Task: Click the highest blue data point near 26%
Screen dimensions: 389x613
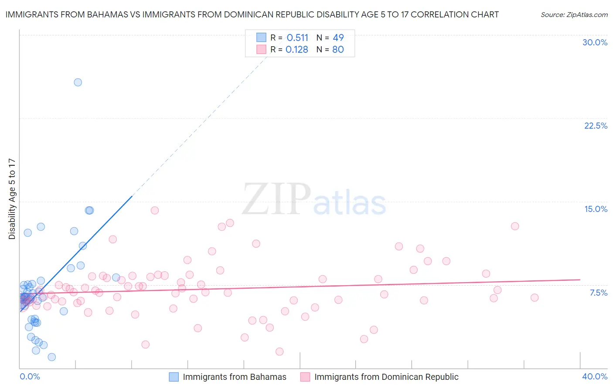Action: click(x=78, y=82)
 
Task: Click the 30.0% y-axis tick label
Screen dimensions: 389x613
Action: click(x=595, y=42)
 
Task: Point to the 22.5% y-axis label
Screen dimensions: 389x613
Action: click(x=596, y=126)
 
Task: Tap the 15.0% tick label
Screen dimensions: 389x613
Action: click(x=596, y=209)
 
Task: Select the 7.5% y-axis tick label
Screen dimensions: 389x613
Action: click(x=598, y=293)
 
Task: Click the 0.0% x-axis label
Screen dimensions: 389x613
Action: click(x=30, y=376)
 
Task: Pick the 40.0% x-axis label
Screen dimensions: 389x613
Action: click(x=595, y=376)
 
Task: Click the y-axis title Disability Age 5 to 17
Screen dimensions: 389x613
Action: click(x=12, y=198)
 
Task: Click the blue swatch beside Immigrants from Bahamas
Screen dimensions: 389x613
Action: click(x=174, y=377)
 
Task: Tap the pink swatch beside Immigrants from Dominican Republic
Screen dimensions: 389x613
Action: click(x=305, y=377)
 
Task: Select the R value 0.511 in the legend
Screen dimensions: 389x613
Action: click(x=297, y=38)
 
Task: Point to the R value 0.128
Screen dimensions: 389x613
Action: click(x=297, y=50)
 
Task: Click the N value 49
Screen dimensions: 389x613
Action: click(x=338, y=38)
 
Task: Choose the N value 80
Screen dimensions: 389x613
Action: click(x=338, y=50)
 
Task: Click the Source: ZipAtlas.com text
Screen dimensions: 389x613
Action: click(x=574, y=15)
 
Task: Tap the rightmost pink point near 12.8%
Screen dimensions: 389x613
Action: click(x=515, y=226)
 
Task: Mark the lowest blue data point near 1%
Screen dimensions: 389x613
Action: click(x=52, y=357)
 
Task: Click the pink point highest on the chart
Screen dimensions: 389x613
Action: click(x=155, y=211)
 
